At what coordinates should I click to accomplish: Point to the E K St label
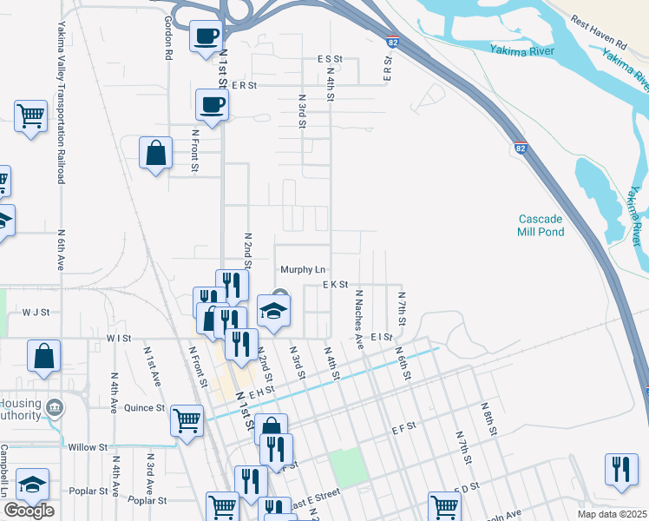pos(335,284)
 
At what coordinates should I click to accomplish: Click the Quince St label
pos(144,407)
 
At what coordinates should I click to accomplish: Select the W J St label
pos(37,311)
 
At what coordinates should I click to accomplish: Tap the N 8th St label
pos(488,418)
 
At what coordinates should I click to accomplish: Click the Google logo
pos(29,511)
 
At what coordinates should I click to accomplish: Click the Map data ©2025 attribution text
pos(612,514)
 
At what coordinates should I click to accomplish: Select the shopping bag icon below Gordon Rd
pos(155,152)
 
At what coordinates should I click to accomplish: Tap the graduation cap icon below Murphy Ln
pos(273,310)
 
